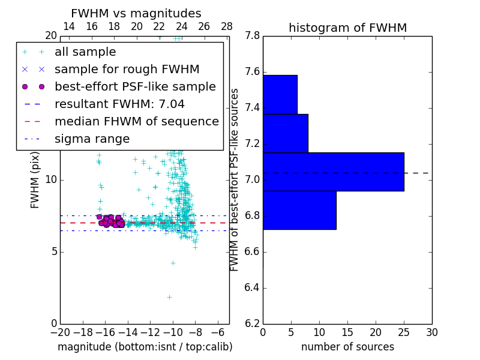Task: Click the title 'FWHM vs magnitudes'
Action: [136, 13]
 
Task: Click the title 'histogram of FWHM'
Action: [347, 28]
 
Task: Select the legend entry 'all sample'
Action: [85, 52]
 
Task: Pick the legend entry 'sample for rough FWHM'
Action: [127, 70]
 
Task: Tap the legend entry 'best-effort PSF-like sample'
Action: [135, 87]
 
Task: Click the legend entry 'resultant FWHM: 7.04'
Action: [119, 104]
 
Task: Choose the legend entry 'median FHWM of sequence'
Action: [136, 122]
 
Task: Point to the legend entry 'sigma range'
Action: [92, 139]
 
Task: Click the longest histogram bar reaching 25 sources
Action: [333, 172]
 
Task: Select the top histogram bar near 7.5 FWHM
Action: [280, 94]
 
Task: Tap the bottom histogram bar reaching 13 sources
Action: [299, 210]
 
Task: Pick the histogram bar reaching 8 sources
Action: [285, 133]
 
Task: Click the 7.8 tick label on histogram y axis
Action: [252, 36]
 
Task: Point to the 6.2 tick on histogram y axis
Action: [252, 323]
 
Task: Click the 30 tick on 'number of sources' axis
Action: [431, 332]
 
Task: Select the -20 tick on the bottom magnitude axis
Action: [59, 332]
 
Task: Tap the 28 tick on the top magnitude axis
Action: [227, 26]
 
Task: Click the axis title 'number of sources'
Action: [347, 347]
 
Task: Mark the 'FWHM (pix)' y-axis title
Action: [35, 180]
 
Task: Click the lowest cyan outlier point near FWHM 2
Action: [169, 296]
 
